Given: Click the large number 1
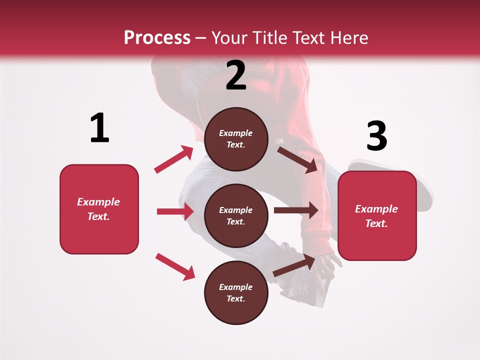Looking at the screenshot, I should (99, 128).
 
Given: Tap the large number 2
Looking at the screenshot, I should (236, 75).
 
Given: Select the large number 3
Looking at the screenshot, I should (376, 136).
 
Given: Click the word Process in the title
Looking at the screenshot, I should (157, 37).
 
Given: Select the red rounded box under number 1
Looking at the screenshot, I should (99, 209).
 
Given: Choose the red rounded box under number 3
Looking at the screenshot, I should (377, 215).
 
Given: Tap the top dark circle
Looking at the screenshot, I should (236, 139).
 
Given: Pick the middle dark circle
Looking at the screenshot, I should (236, 215).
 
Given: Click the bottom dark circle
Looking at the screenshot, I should (236, 292).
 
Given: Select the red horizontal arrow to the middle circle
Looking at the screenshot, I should (175, 211).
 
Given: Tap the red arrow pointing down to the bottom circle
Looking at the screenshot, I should (175, 266).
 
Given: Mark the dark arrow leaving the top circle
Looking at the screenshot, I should (298, 159).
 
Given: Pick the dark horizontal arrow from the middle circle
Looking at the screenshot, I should (296, 210).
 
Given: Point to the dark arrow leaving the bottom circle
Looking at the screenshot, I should (294, 265).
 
